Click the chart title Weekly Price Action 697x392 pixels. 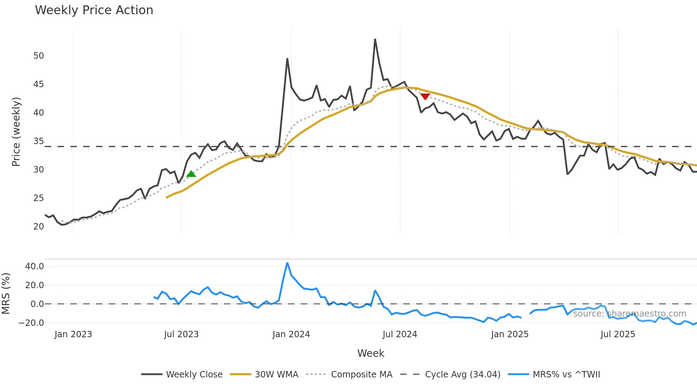point(94,10)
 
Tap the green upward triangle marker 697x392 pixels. point(191,174)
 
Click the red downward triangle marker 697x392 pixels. point(425,96)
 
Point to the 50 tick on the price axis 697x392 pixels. point(38,56)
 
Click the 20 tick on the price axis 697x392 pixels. point(38,227)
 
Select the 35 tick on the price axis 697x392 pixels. point(38,141)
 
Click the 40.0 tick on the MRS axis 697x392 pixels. point(34,266)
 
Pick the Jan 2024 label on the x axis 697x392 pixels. point(291,334)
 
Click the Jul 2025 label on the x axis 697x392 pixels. point(618,334)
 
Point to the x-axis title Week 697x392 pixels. point(371,353)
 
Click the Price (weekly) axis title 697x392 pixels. point(16,132)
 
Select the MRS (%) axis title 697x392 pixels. point(6,293)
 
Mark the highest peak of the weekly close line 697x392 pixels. point(375,39)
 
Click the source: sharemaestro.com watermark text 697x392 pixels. point(629,314)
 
